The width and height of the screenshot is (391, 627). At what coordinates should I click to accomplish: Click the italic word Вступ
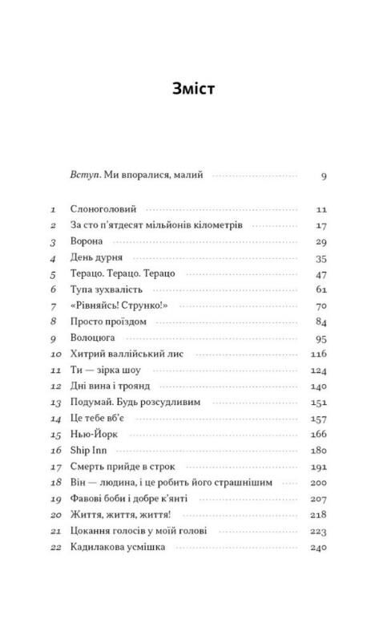(83, 175)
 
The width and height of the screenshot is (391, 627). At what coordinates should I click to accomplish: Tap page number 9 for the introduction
(322, 176)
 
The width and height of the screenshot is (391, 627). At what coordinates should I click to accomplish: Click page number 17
(321, 225)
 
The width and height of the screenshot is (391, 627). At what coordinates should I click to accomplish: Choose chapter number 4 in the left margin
(51, 259)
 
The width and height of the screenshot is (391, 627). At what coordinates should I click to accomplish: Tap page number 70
(321, 309)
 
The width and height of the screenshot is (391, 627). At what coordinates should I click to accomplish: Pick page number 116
(320, 359)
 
